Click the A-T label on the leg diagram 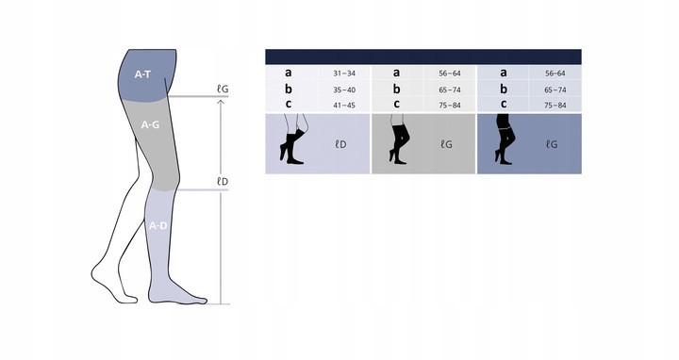[x=142, y=74]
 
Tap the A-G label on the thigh [x=150, y=124]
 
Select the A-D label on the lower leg [x=158, y=226]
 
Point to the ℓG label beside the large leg [x=223, y=90]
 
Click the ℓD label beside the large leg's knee [x=223, y=182]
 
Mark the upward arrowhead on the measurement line [x=221, y=103]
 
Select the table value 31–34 [x=344, y=74]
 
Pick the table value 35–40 [x=344, y=90]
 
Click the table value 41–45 [x=344, y=106]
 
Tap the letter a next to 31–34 [x=289, y=73]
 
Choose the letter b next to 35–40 [x=289, y=90]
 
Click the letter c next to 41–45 [x=289, y=105]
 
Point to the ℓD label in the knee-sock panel [x=340, y=144]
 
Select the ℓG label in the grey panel [x=446, y=144]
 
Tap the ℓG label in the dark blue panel [x=552, y=144]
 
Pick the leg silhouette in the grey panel [x=399, y=139]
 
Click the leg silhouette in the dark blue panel [x=505, y=139]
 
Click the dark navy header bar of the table [x=423, y=57]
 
